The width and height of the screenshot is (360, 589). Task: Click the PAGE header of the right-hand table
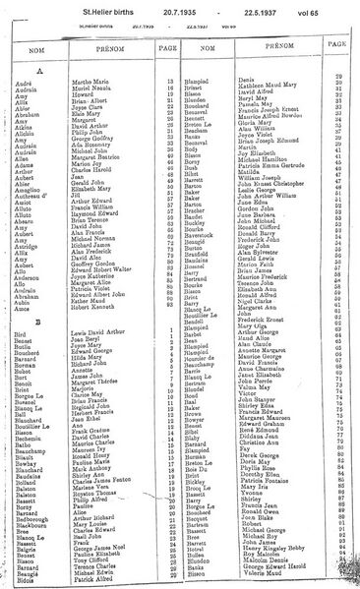pyautogui.click(x=336, y=46)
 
